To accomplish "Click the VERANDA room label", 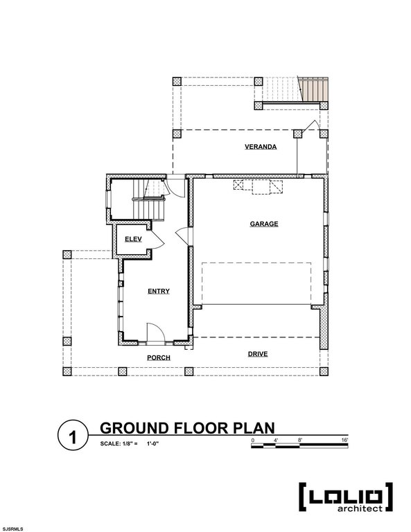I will point(260,147).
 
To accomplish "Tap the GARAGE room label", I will point(263,224).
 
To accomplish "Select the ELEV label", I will point(133,239).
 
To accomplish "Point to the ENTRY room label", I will point(159,292).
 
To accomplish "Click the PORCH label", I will point(159,357).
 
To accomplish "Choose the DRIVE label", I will point(258,354).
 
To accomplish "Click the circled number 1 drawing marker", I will point(72,437).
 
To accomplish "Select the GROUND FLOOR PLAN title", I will point(187,427).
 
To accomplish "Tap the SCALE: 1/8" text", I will point(119,443).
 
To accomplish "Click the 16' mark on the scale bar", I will point(344,440).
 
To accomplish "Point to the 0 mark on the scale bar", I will point(253,440).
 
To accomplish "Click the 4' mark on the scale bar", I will point(276,440).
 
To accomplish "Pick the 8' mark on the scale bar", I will point(299,440).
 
